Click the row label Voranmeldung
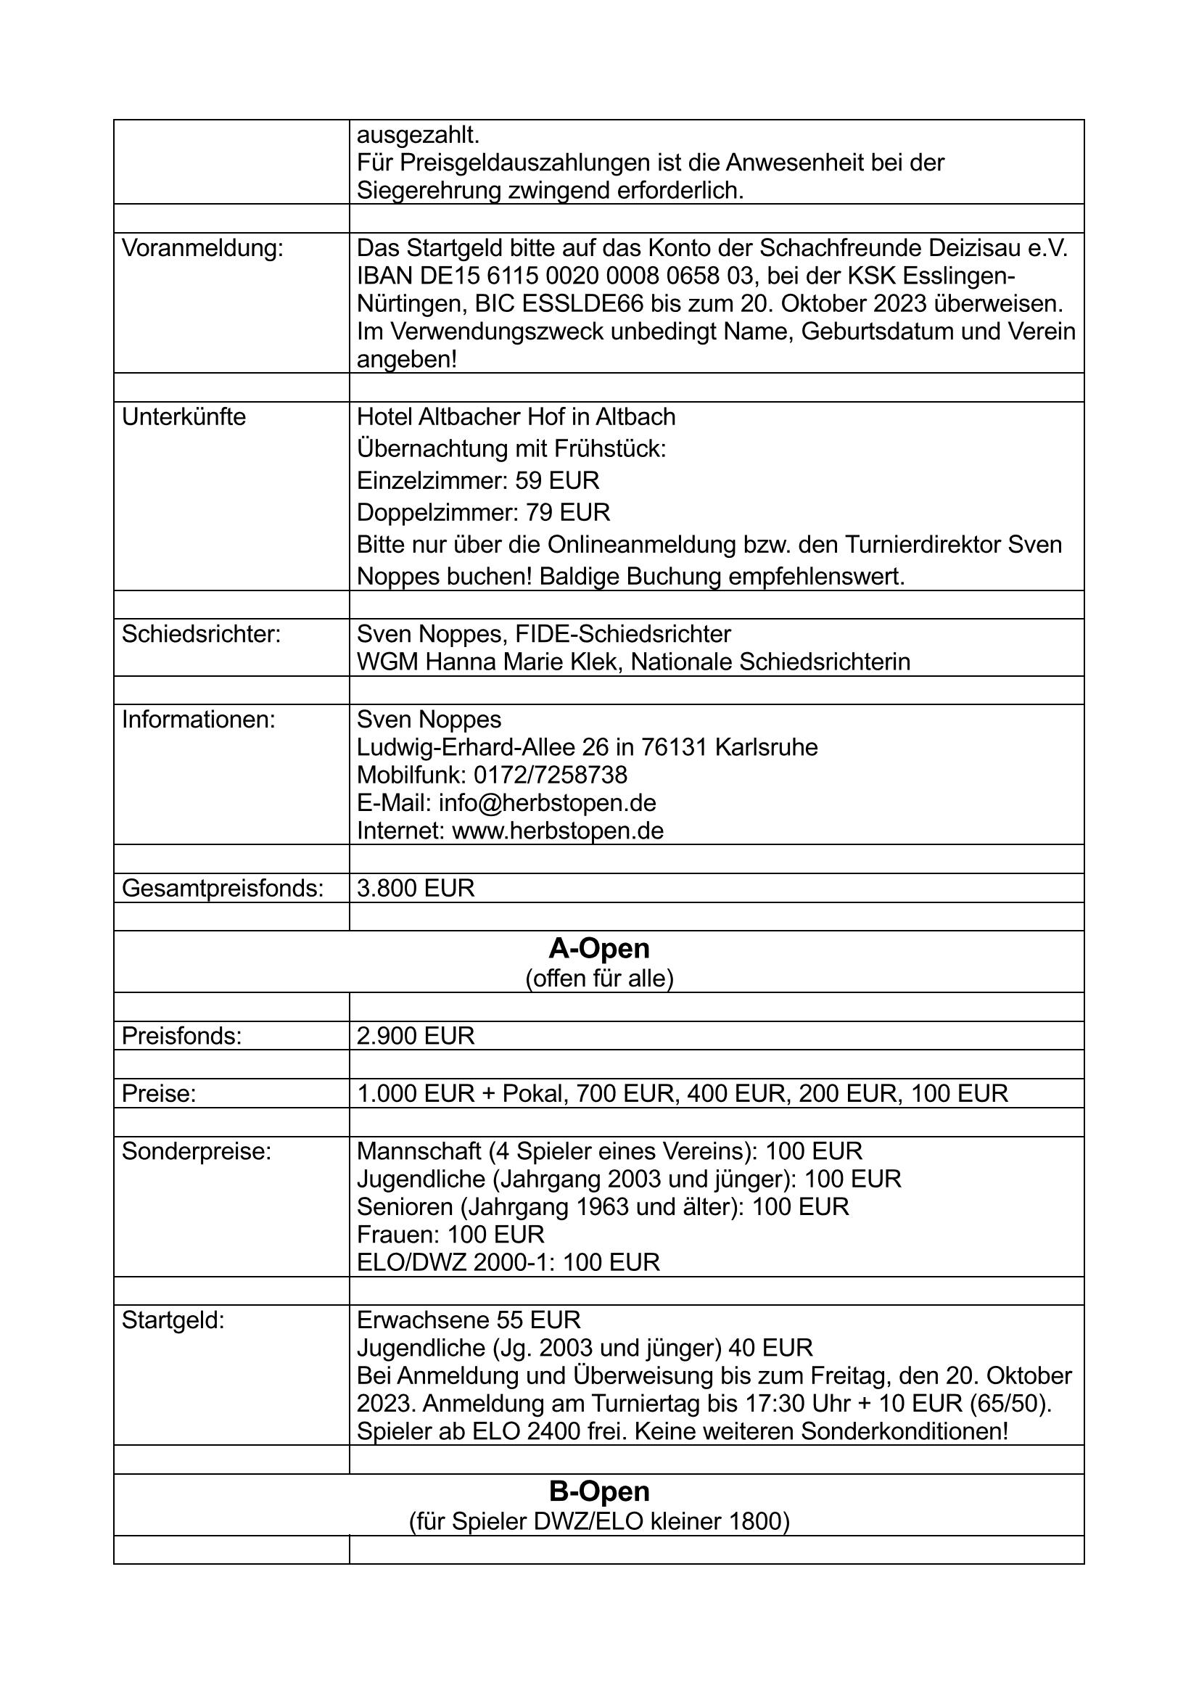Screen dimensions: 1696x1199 (x=202, y=249)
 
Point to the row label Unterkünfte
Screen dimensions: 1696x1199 (x=184, y=417)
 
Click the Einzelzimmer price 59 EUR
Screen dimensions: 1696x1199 (x=557, y=481)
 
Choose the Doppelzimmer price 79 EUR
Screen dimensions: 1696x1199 (x=567, y=513)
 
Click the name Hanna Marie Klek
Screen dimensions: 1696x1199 (x=525, y=662)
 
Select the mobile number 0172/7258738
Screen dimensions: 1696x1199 (x=551, y=775)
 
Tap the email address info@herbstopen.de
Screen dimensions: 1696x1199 (x=548, y=803)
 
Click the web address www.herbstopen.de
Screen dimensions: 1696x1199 (x=558, y=831)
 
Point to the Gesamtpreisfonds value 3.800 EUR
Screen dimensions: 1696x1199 (x=415, y=889)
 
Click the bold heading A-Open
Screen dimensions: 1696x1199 (x=599, y=948)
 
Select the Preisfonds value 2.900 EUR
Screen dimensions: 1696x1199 (x=415, y=1037)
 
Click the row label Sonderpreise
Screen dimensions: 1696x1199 (x=197, y=1152)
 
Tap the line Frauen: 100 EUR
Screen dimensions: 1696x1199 (x=450, y=1235)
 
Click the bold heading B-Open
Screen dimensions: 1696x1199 (x=599, y=1491)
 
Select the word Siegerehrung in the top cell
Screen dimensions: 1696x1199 (x=430, y=192)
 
